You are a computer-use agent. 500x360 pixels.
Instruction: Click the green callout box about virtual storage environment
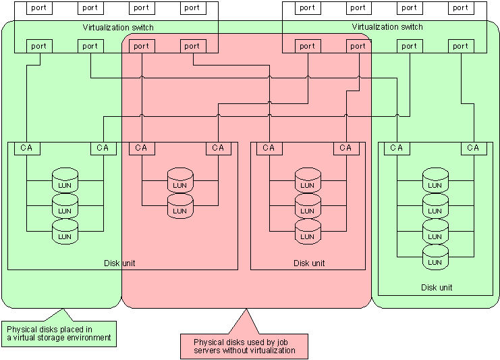tap(59, 333)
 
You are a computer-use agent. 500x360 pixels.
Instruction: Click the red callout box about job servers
tap(244, 346)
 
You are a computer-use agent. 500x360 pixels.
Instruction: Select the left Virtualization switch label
tap(118, 28)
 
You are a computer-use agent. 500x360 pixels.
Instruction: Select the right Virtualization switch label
tap(387, 27)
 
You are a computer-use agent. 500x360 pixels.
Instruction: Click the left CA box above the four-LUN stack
tap(396, 148)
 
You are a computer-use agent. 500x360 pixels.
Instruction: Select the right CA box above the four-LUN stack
tap(472, 148)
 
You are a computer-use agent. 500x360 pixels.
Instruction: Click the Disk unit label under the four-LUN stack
tap(437, 288)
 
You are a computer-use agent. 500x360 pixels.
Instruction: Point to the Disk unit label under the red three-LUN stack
tap(309, 263)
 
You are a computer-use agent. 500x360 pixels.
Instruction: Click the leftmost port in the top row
tap(38, 8)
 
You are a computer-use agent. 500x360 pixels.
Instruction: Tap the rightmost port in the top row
tap(460, 8)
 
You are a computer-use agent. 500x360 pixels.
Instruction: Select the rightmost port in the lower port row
tap(460, 46)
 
